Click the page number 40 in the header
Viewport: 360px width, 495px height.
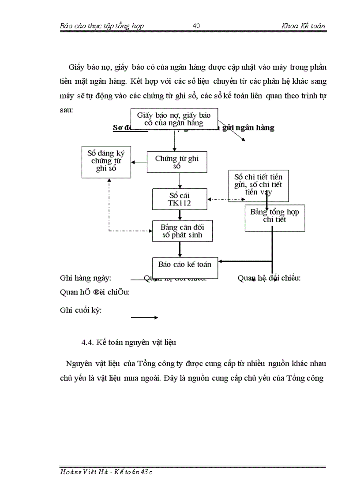197,26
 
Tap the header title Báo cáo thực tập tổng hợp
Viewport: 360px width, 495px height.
101,26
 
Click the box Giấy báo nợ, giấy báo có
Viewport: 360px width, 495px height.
174,119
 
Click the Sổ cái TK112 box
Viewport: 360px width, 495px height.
180,199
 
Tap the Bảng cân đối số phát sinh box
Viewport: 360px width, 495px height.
183,231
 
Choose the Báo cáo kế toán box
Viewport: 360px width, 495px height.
184,265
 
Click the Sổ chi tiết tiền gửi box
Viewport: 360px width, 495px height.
259,185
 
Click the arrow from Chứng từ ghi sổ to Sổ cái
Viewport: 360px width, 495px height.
180,181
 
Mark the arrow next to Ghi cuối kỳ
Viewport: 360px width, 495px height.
144,317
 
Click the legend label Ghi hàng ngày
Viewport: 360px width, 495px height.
86,278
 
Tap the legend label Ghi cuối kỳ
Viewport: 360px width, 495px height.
81,310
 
